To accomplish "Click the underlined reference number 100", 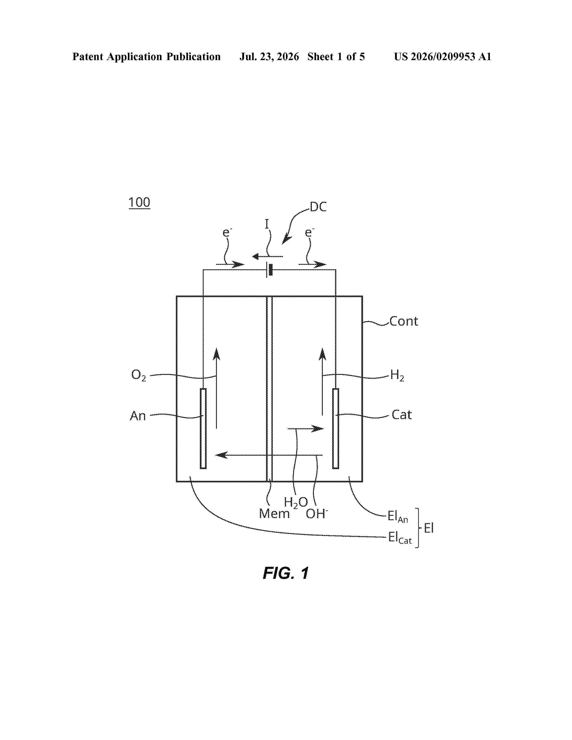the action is (139, 203).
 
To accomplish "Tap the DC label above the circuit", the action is (318, 207).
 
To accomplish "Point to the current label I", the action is (267, 224).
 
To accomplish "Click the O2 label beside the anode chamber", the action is (139, 375).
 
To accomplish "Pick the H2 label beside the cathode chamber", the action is (397, 375).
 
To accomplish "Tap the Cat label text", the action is (402, 415).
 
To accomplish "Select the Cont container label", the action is (404, 321).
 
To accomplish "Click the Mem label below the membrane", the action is (274, 514).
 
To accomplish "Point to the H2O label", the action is (296, 503).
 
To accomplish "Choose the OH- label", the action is (317, 514).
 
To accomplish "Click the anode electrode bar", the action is (203, 429).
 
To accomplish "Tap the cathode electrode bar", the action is (336, 429).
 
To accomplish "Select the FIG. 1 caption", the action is (286, 573).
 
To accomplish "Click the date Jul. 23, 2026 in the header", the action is (269, 57).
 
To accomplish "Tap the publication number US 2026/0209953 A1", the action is (443, 57).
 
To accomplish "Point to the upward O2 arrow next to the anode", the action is (216, 388).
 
